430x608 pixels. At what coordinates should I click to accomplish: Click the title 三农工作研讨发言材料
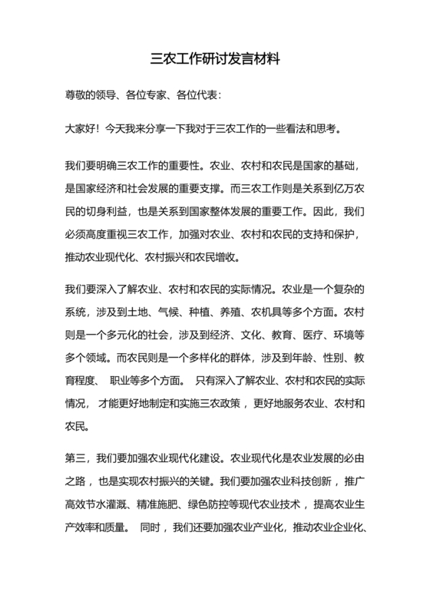point(214,59)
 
